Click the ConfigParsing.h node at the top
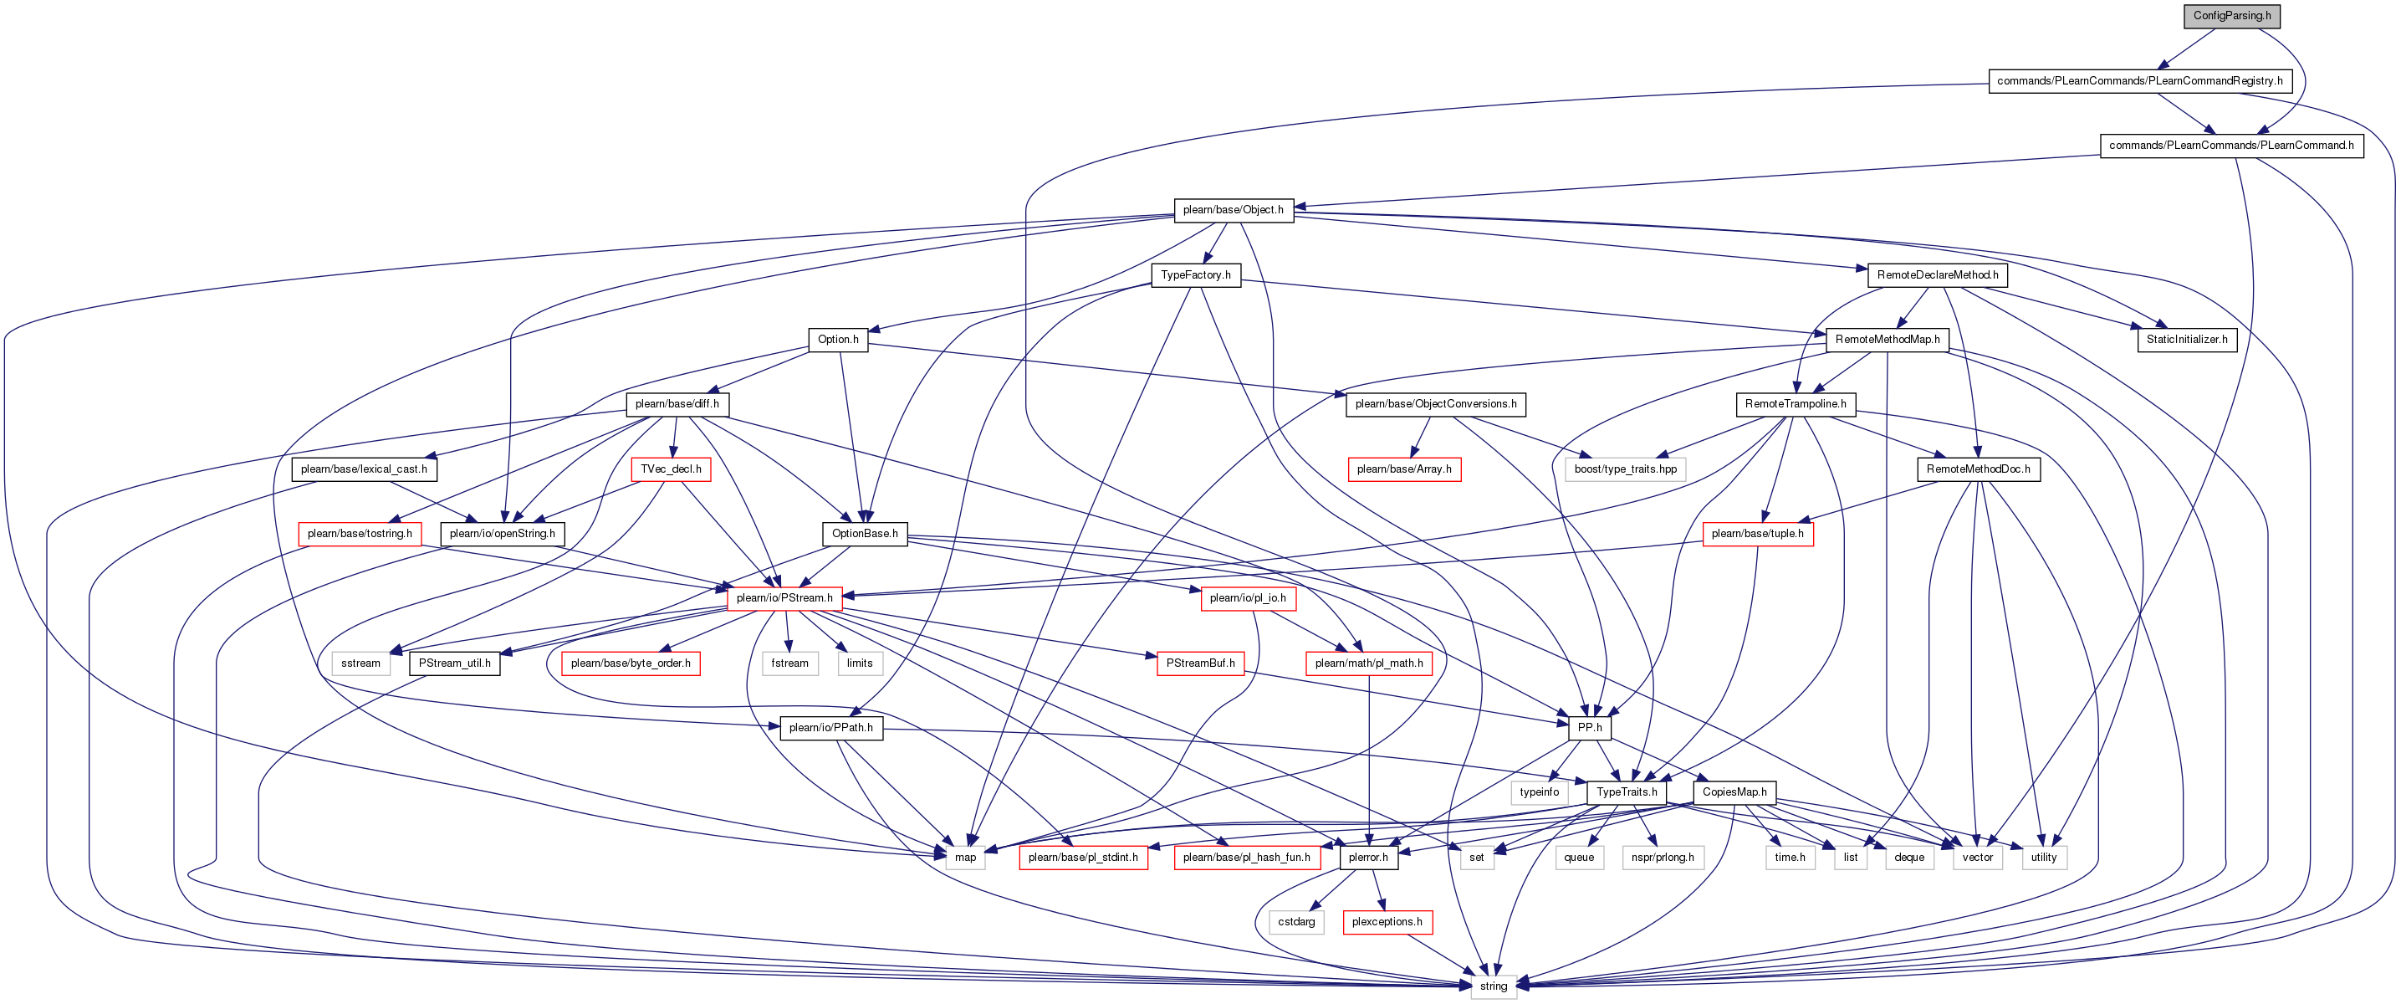2231,16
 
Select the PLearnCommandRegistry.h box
2139,81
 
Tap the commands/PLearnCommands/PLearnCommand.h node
2231,146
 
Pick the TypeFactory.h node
1196,275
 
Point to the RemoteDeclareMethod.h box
1937,275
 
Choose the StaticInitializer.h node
2187,340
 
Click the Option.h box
838,340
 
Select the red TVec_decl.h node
671,469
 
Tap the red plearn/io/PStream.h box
784,598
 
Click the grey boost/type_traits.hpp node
1626,469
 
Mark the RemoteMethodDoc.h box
1978,469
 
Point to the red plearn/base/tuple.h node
1758,534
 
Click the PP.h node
1590,727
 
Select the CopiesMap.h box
1734,792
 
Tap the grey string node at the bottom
1493,986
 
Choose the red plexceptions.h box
1387,922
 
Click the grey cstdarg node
1296,922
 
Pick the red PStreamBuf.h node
1201,663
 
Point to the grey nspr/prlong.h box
1663,857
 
